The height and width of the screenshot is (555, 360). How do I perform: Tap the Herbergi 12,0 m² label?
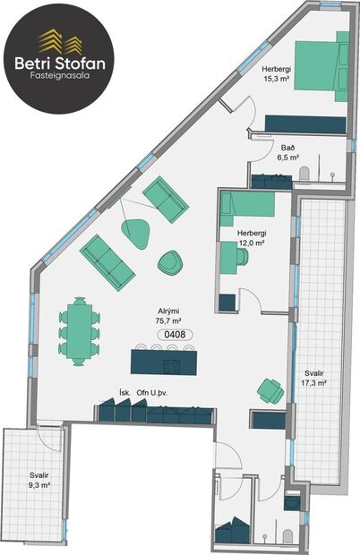coord(253,238)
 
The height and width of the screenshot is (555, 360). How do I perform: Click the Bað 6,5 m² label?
coord(287,152)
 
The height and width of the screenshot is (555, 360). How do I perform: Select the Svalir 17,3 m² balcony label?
coord(313,378)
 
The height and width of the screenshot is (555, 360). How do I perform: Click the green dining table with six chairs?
coord(78,329)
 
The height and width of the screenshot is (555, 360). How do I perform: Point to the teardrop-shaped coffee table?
coord(137,231)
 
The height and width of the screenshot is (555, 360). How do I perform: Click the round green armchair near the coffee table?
coord(170,262)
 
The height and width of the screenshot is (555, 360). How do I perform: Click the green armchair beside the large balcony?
coord(270,389)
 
